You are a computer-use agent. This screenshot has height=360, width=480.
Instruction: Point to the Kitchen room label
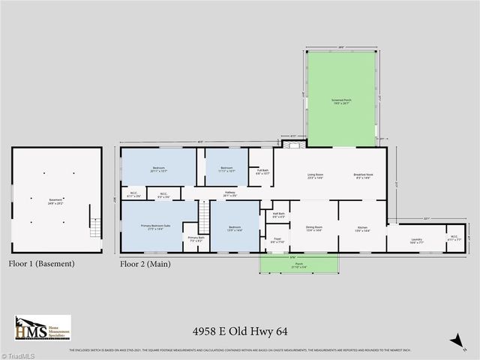pos(361,228)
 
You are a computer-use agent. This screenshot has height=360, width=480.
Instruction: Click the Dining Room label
pos(313,228)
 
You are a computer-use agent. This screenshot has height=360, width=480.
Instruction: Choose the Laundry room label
pos(416,240)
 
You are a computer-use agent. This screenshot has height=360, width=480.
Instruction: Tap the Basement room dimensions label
pos(56,202)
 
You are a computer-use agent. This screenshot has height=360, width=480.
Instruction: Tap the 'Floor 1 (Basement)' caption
pos(41,264)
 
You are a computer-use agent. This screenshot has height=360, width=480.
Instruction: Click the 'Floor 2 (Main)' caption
pos(146,264)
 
